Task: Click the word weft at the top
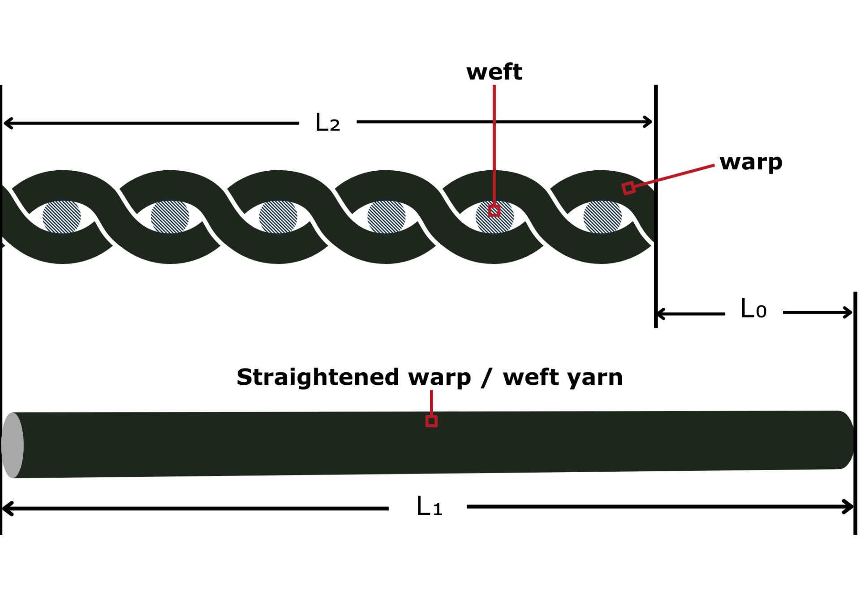pos(494,72)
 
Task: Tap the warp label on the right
pos(751,162)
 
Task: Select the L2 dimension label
pos(327,123)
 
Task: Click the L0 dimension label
pos(753,309)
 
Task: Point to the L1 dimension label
pos(429,507)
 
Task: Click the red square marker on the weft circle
pos(494,211)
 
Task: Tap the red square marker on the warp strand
pos(628,188)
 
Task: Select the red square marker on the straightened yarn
pos(431,421)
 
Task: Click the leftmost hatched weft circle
pos(62,217)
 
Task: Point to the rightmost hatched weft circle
pos(602,217)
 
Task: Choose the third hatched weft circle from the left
pos(278,217)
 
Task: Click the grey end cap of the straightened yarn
pos(13,445)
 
